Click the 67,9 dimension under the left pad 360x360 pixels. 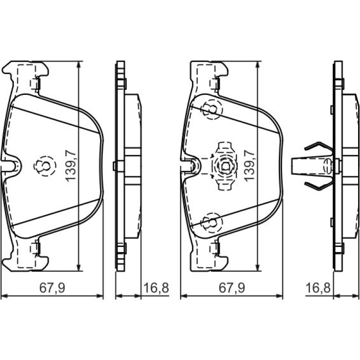(x=52, y=288)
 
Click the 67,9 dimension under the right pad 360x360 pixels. (x=231, y=288)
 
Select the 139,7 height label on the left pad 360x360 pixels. (x=71, y=166)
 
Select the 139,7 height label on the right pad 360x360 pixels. (x=250, y=166)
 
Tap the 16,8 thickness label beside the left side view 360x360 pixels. (x=156, y=288)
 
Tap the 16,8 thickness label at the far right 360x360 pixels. (x=318, y=288)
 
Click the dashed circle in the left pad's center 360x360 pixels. (x=45, y=156)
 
